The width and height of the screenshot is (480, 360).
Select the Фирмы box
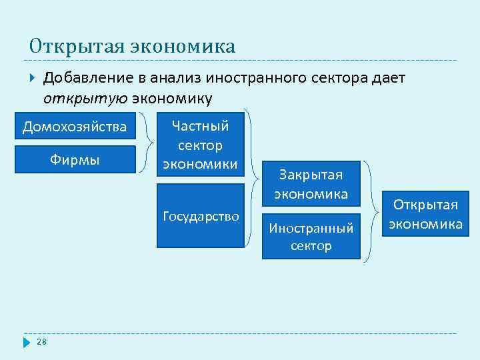point(75,160)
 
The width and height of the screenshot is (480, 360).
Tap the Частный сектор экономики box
point(200,145)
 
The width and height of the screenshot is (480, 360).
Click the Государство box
point(200,216)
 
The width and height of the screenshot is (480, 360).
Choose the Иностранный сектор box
point(311,237)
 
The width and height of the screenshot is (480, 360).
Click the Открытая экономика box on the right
point(425,214)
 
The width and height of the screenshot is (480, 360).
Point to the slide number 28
point(41,342)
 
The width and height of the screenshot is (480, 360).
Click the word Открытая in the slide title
point(61,47)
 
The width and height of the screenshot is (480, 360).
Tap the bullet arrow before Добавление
point(33,79)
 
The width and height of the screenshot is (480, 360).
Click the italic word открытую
point(85,99)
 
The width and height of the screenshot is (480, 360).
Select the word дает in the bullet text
point(388,79)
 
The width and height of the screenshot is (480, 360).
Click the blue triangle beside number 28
point(27,342)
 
